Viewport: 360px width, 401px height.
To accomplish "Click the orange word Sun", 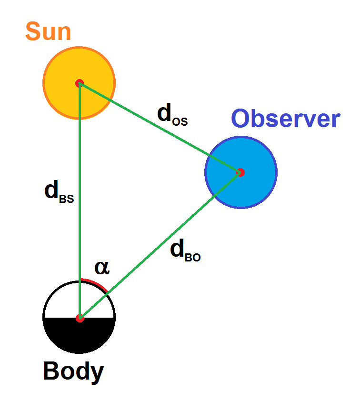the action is point(48,31).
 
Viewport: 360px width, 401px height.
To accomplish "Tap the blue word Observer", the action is point(286,118).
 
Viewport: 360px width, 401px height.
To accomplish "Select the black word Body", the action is point(73,372).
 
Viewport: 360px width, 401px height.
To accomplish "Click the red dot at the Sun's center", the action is point(80,83).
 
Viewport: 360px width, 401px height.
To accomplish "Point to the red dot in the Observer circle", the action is point(240,172).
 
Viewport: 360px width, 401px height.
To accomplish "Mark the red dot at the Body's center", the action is point(80,318).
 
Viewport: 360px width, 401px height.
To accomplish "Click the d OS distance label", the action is point(172,114).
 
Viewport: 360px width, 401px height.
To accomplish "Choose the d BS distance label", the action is point(59,191).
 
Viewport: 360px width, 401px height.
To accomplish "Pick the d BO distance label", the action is point(185,250).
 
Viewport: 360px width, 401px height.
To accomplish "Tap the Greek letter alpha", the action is point(102,268).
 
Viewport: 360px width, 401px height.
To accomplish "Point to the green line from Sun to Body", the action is point(80,201).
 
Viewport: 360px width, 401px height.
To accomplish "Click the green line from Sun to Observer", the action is point(160,128).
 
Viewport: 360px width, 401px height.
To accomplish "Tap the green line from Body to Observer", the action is point(160,245).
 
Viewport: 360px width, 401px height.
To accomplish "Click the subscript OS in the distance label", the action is point(180,121).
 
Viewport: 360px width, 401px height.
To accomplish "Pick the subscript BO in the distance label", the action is point(193,257).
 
